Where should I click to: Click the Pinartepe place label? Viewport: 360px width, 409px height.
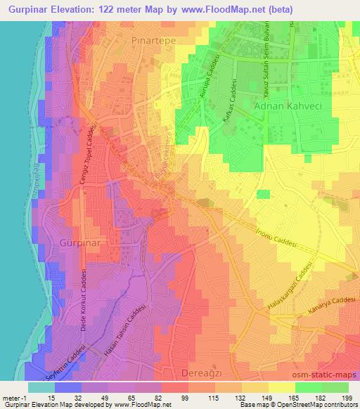pos(155,41)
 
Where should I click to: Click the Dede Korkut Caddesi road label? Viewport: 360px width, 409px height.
pos(83,300)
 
